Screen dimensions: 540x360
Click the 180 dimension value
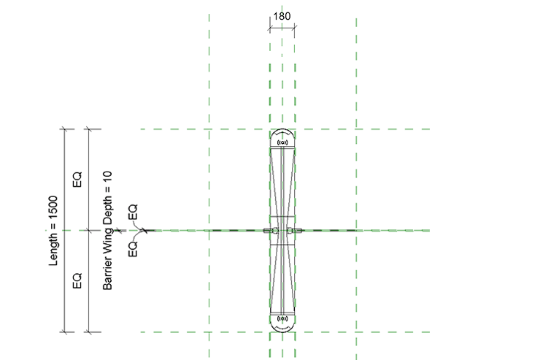[x=282, y=16]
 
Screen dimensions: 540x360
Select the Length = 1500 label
[x=53, y=231]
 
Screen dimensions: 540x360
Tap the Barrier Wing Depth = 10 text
[x=107, y=231]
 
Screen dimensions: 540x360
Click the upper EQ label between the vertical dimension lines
[x=77, y=180]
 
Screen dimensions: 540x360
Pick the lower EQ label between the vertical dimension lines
[x=77, y=280]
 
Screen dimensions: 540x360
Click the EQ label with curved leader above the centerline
[x=133, y=212]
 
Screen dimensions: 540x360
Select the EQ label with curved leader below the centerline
[x=133, y=249]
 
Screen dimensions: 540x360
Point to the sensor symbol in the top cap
[x=282, y=142]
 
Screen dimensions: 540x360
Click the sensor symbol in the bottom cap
[x=282, y=318]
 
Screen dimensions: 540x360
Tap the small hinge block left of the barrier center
[x=267, y=231]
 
